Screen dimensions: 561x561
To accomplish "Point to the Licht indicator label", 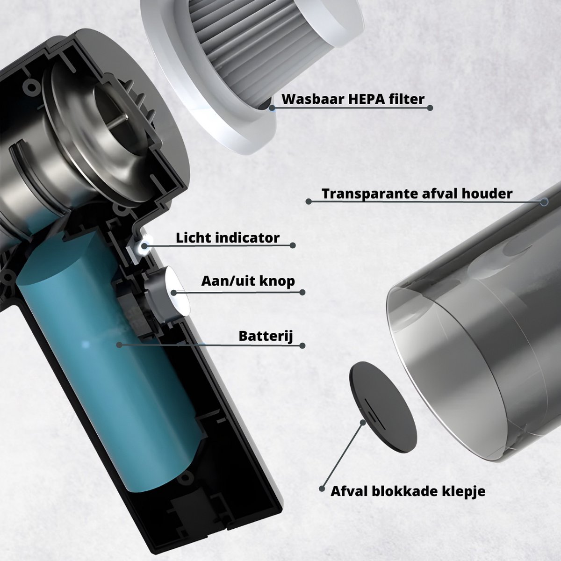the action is click(x=227, y=237).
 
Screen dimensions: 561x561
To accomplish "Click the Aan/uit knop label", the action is click(x=248, y=281).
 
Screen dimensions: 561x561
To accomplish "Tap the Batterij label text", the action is click(x=266, y=336).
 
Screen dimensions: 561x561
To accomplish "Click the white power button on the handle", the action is click(x=177, y=291).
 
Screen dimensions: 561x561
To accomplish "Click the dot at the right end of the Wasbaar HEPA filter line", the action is click(x=430, y=108).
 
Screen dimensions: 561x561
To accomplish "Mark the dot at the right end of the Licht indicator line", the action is click(x=293, y=245).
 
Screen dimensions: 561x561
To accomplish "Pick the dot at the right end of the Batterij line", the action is click(x=302, y=345).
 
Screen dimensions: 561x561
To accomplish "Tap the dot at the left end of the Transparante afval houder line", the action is click(x=309, y=201).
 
